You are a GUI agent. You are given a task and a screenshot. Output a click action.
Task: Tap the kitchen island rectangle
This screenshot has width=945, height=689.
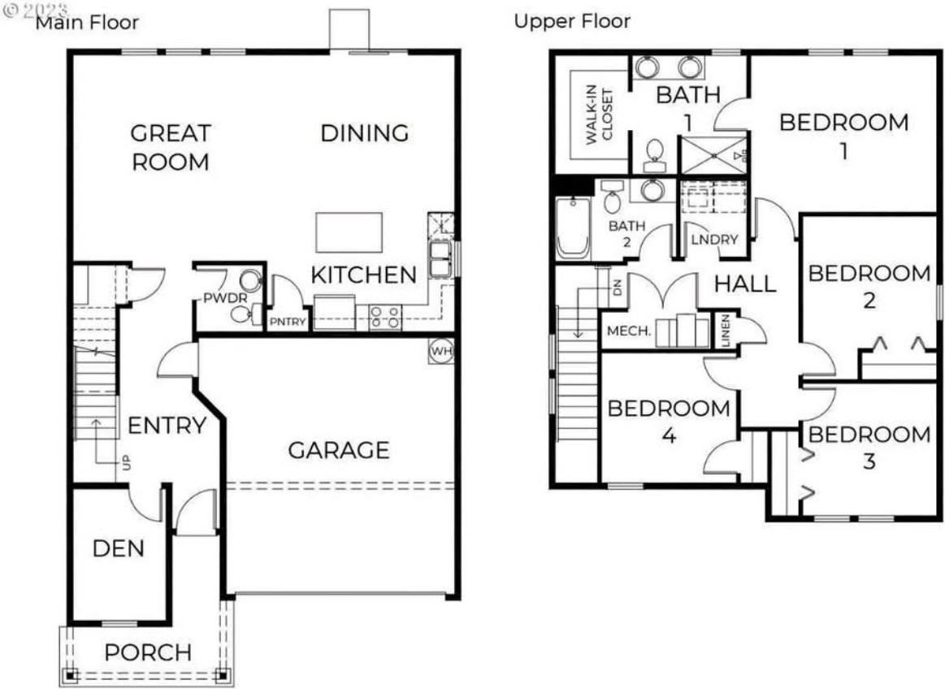[x=349, y=233]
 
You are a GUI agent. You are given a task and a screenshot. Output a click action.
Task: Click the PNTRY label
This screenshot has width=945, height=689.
[x=289, y=322]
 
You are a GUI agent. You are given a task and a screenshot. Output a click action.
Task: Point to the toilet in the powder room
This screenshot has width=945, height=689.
[x=243, y=314]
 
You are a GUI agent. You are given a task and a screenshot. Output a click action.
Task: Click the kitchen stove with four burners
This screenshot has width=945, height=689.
[x=385, y=316]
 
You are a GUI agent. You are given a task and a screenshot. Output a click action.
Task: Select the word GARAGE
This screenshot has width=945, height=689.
[x=339, y=449]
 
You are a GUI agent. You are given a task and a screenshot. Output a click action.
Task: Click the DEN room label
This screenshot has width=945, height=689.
[x=118, y=548]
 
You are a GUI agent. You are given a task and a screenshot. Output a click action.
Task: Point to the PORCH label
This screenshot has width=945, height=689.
[x=149, y=652]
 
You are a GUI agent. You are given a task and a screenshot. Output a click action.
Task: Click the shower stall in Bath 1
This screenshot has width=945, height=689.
[x=713, y=153]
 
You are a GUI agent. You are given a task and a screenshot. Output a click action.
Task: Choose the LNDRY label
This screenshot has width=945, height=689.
[x=714, y=240]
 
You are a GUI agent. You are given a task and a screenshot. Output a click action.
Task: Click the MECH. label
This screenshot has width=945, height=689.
[x=629, y=331]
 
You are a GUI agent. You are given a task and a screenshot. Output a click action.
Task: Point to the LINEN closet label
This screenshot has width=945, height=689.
[x=726, y=331]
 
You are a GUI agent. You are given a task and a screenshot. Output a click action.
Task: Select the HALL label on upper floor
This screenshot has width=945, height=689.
[x=744, y=284]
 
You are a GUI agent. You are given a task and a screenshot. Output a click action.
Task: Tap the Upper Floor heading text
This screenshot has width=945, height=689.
[x=572, y=20]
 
